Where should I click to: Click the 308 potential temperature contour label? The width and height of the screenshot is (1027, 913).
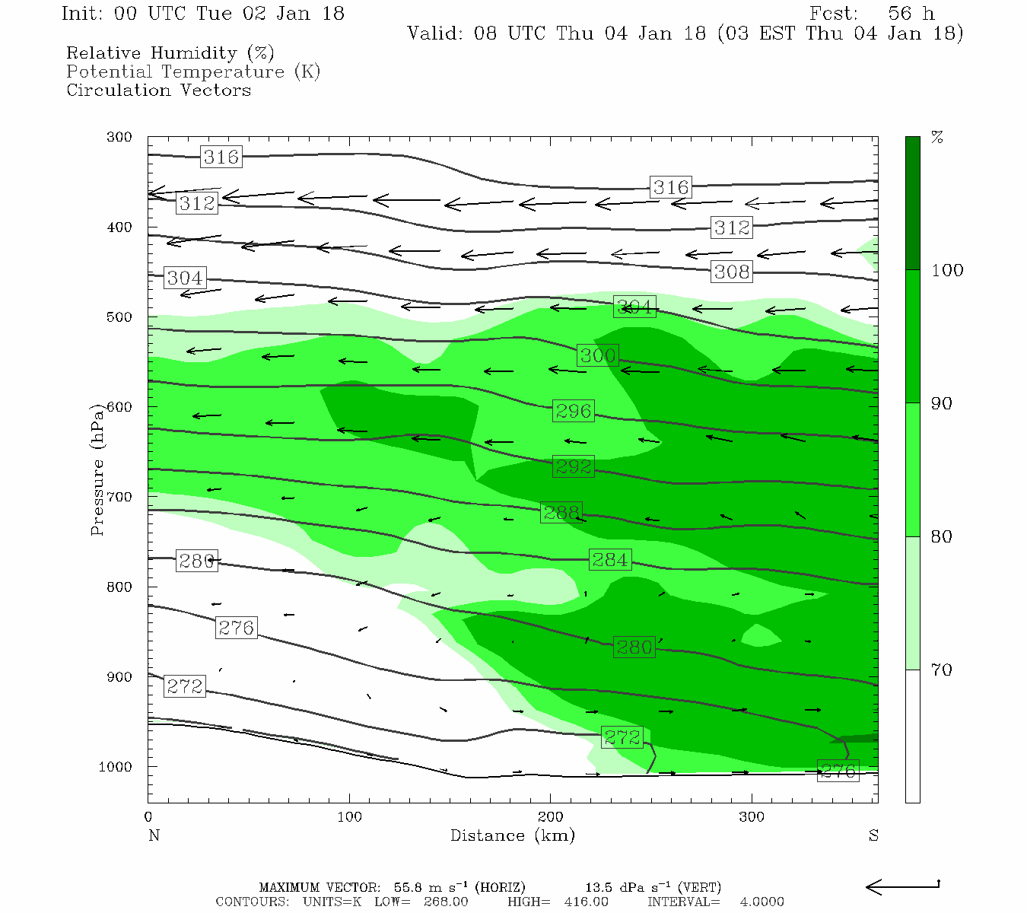pos(732,272)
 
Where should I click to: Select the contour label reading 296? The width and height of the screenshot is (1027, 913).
pos(573,411)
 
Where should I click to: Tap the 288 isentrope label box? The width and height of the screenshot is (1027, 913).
pos(561,513)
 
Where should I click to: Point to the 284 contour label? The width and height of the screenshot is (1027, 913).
pos(609,560)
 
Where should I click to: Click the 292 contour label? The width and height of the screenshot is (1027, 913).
pos(573,466)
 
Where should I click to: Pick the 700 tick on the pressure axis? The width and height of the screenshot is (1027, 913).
pos(119,497)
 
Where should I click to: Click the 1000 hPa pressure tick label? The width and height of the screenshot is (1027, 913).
pos(116,767)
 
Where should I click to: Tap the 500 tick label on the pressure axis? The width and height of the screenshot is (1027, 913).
pos(119,317)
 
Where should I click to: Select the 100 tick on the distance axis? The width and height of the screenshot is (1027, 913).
pos(350,817)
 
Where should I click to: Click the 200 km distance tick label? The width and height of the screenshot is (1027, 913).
pos(551,817)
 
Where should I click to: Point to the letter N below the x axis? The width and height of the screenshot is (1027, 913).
pos(154,835)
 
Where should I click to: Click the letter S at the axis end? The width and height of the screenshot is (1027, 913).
pos(873,835)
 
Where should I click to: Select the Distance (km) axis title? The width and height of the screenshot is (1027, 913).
pos(512,835)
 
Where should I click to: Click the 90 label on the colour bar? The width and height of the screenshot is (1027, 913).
pos(942,403)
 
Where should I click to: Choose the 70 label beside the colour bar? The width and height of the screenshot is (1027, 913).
pos(942,670)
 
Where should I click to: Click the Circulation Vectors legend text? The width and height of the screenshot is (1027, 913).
pos(158,90)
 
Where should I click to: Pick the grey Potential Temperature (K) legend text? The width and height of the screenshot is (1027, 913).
pos(193,72)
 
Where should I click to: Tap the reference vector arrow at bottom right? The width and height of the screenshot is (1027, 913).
pos(903,886)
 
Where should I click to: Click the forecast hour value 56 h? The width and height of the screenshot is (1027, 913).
pos(911,14)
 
